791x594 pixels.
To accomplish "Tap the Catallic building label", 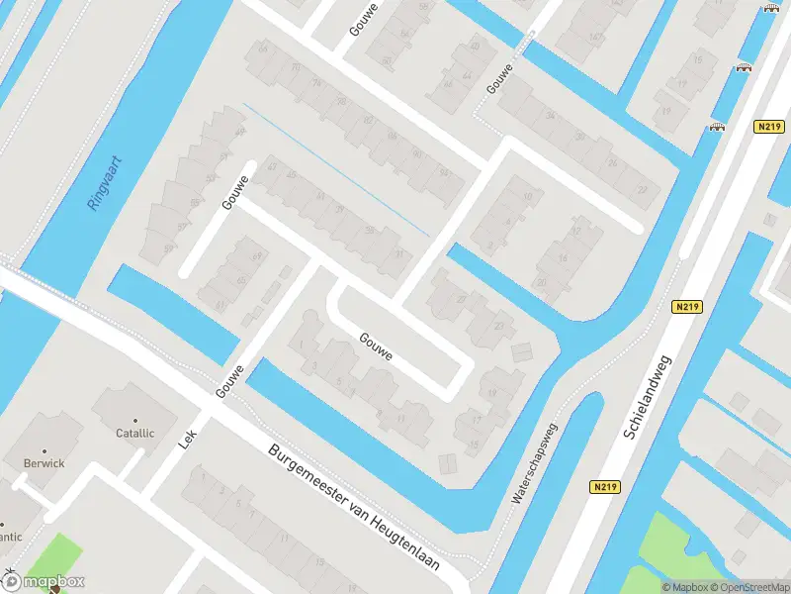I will point(134,433).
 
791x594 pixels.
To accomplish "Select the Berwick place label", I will point(44,462).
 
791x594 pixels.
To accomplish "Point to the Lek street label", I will point(188,441).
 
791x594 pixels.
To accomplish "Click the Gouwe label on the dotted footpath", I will point(500,77).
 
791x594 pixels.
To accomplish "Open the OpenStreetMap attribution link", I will point(746,587).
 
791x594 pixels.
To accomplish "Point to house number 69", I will point(260,257).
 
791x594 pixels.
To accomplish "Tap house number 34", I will point(550,116).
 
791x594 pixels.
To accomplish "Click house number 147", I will point(595,38).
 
